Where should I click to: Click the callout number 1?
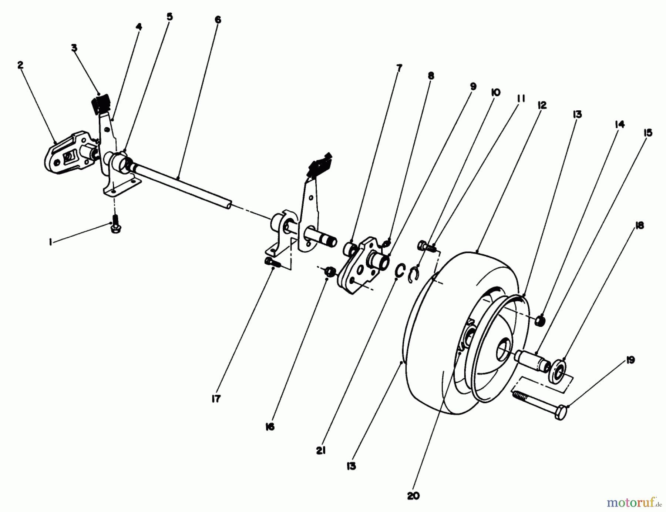pyautogui.click(x=51, y=242)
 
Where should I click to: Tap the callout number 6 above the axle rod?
pyautogui.click(x=218, y=20)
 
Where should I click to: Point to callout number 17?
pyautogui.click(x=216, y=399)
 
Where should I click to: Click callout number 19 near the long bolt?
pyautogui.click(x=630, y=360)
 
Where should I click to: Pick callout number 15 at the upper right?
pyautogui.click(x=647, y=133)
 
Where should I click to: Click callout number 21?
pyautogui.click(x=321, y=451)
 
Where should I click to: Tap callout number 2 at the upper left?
pyautogui.click(x=20, y=65)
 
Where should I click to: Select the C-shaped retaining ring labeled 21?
pyautogui.click(x=400, y=270)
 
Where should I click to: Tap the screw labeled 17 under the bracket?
pyautogui.click(x=273, y=262)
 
